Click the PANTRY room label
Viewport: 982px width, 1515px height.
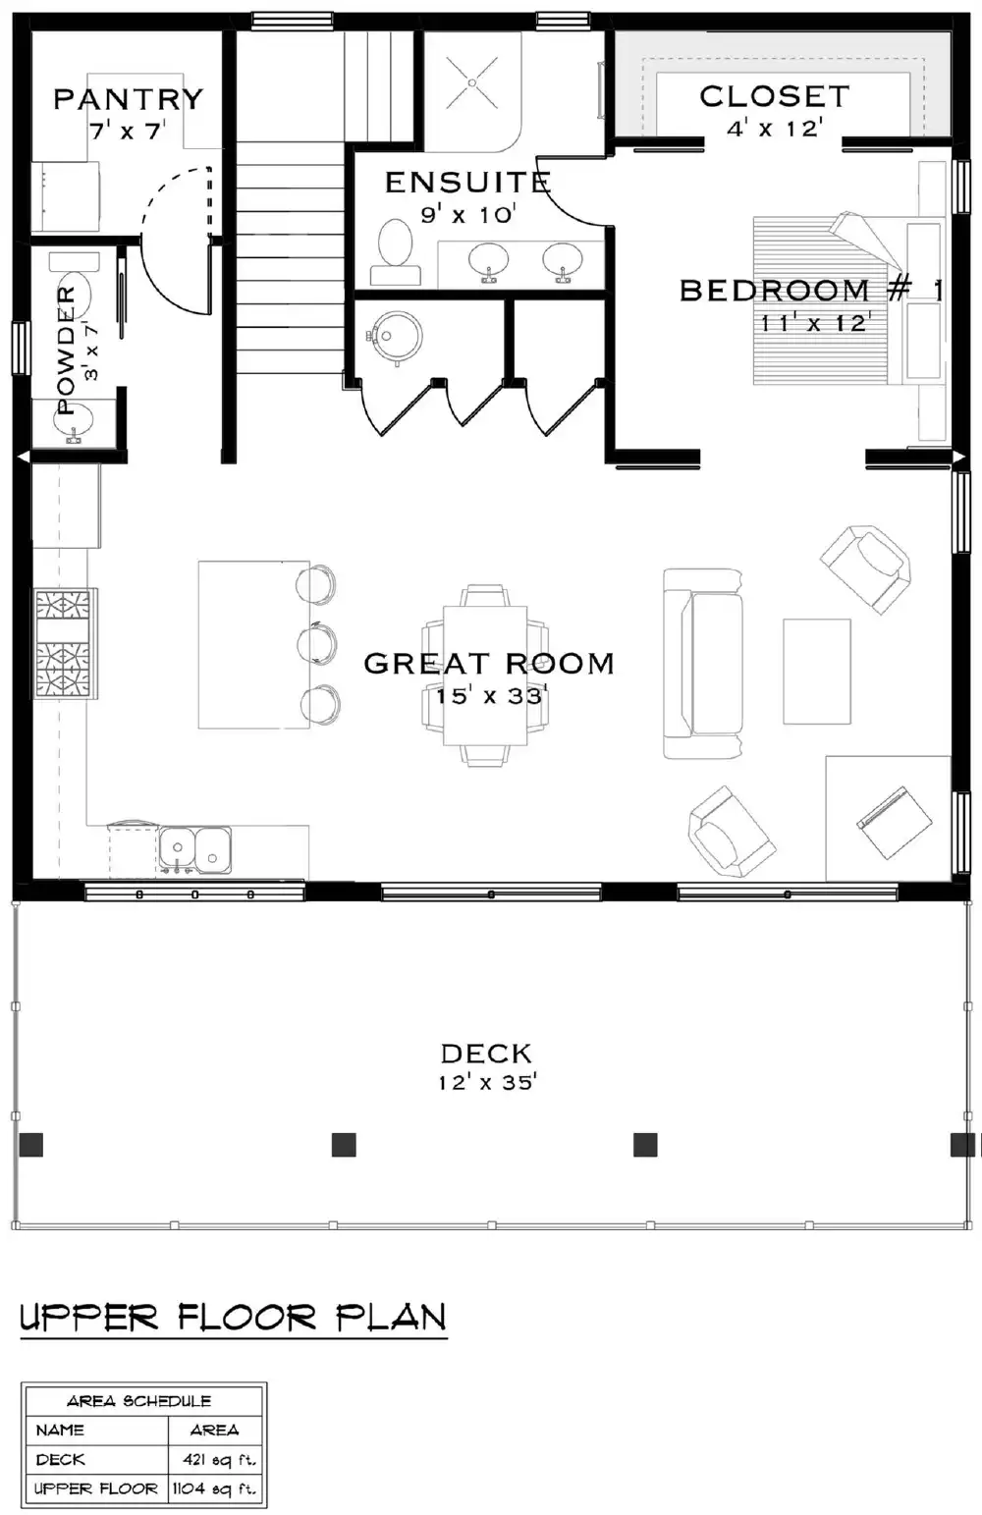coord(129,99)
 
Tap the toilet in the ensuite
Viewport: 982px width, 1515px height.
coord(396,251)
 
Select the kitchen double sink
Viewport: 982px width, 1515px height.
coord(195,849)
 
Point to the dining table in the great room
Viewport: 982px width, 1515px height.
coord(485,675)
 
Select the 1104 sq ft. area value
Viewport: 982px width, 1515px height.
coord(214,1488)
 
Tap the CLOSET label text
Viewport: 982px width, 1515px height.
coord(775,97)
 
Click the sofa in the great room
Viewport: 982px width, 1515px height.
coord(703,664)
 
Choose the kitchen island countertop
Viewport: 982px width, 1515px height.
coord(254,644)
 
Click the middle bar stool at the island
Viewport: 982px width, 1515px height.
coord(317,642)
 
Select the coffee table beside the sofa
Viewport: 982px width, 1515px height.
coord(817,671)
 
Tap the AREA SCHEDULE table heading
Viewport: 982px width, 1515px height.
coord(138,1401)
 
